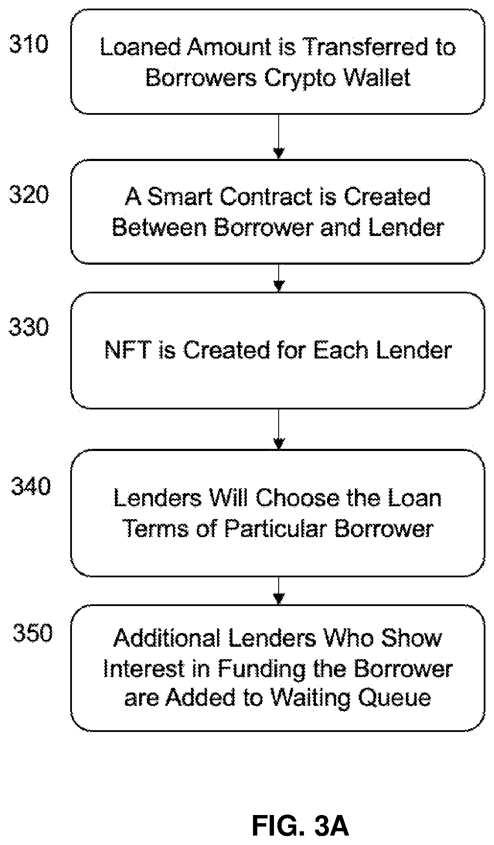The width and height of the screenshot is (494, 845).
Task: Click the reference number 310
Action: coord(29,44)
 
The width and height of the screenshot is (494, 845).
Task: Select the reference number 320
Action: coord(29,195)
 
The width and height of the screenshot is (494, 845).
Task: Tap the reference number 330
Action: coord(29,327)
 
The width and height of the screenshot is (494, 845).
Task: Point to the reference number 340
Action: coord(31,486)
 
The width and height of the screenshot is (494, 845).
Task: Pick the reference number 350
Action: coord(33,633)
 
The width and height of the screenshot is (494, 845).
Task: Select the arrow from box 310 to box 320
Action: coord(279,137)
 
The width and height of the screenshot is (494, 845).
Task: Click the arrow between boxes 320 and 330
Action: coord(279,278)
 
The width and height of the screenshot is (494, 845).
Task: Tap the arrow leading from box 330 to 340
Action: coord(279,429)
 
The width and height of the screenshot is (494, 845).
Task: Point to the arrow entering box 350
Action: coord(279,591)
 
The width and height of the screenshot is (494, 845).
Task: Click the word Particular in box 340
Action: coord(276,528)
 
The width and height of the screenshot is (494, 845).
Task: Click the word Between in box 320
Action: coord(160,227)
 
